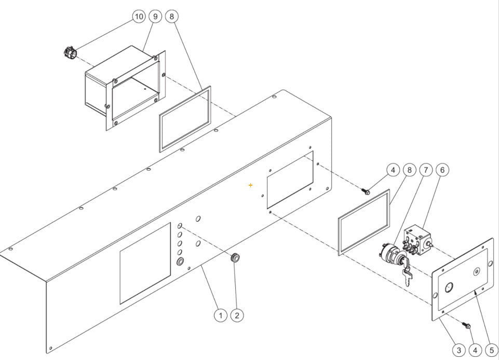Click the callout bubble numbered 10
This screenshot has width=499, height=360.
coord(139,16)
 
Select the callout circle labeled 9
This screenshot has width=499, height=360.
coord(155,16)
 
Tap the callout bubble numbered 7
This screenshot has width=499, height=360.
coord(426,170)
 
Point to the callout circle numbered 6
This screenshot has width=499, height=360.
coord(442,170)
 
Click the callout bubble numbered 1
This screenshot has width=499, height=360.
coord(220,315)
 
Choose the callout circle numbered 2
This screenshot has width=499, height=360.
coord(237,315)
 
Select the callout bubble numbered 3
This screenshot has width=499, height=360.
coord(459,350)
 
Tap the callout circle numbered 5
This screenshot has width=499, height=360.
coord(492,350)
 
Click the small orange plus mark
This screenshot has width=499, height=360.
coord(251,185)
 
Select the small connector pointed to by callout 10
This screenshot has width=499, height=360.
coord(70,52)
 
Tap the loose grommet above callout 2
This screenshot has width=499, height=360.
coord(235,257)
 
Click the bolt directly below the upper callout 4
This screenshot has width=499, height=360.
coord(366,191)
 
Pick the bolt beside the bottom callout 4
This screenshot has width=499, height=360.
coord(467,326)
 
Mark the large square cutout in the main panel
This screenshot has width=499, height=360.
coord(145,263)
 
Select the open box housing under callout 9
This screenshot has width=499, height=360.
coord(125,88)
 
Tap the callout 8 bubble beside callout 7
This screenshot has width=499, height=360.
coord(409,170)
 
